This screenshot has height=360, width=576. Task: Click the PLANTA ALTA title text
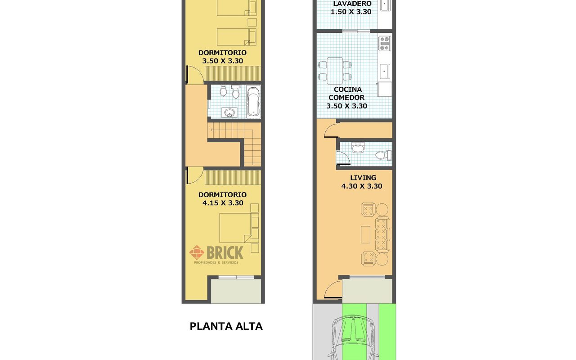tap(226, 326)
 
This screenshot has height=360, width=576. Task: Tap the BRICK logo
tap(216, 255)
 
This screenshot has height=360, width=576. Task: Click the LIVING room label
tap(363, 178)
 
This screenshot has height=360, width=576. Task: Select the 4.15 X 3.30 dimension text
tap(223, 203)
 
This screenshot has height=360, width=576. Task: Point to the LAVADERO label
tap(352, 4)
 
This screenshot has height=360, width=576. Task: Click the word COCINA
tap(348, 90)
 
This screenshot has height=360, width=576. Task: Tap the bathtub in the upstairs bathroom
tap(253, 102)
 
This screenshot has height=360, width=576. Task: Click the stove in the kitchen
tap(385, 43)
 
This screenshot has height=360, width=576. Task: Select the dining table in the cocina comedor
tap(334, 71)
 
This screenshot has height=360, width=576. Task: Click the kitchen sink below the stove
tap(385, 72)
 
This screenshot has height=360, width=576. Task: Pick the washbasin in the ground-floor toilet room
tap(358, 148)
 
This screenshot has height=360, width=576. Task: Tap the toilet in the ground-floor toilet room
tap(383, 155)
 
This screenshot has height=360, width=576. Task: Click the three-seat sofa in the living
tap(382, 234)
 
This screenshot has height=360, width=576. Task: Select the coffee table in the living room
tap(365, 234)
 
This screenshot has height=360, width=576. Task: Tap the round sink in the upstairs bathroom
tap(229, 112)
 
